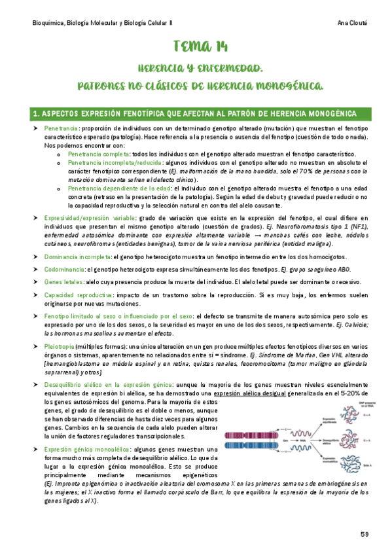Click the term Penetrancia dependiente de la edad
coord(118,188)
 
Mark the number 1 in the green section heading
coord(35,114)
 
